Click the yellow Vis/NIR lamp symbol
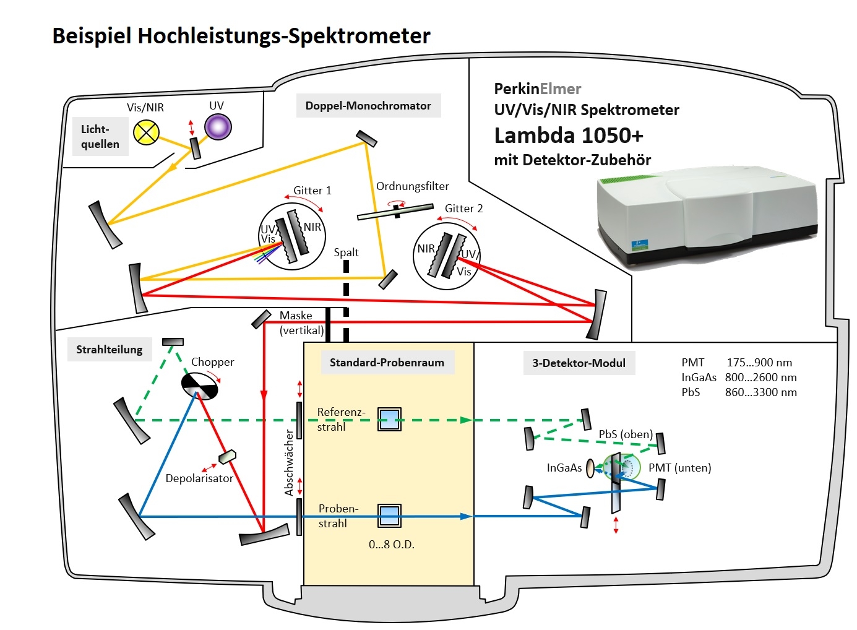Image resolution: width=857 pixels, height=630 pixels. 147,132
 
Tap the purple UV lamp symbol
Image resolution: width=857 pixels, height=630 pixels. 218,127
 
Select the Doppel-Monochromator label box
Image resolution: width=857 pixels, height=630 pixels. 368,106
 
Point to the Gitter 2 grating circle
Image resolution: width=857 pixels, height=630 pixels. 446,256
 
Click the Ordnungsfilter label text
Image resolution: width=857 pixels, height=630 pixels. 412,186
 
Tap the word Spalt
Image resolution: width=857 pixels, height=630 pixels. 346,252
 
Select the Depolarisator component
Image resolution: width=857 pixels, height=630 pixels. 227,457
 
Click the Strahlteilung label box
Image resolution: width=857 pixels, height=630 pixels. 110,350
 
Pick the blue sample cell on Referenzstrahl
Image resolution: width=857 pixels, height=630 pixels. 389,420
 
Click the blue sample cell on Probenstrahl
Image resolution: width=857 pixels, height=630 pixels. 389,516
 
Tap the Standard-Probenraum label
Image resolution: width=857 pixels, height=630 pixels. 387,363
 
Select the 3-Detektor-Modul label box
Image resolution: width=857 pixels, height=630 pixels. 579,363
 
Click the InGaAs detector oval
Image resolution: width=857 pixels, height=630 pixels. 590,467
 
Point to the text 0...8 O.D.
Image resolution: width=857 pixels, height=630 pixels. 391,545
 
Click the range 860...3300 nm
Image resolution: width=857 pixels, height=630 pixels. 760,392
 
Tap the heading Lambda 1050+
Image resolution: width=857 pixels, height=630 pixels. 569,136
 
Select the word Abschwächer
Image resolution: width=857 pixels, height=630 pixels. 289,463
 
